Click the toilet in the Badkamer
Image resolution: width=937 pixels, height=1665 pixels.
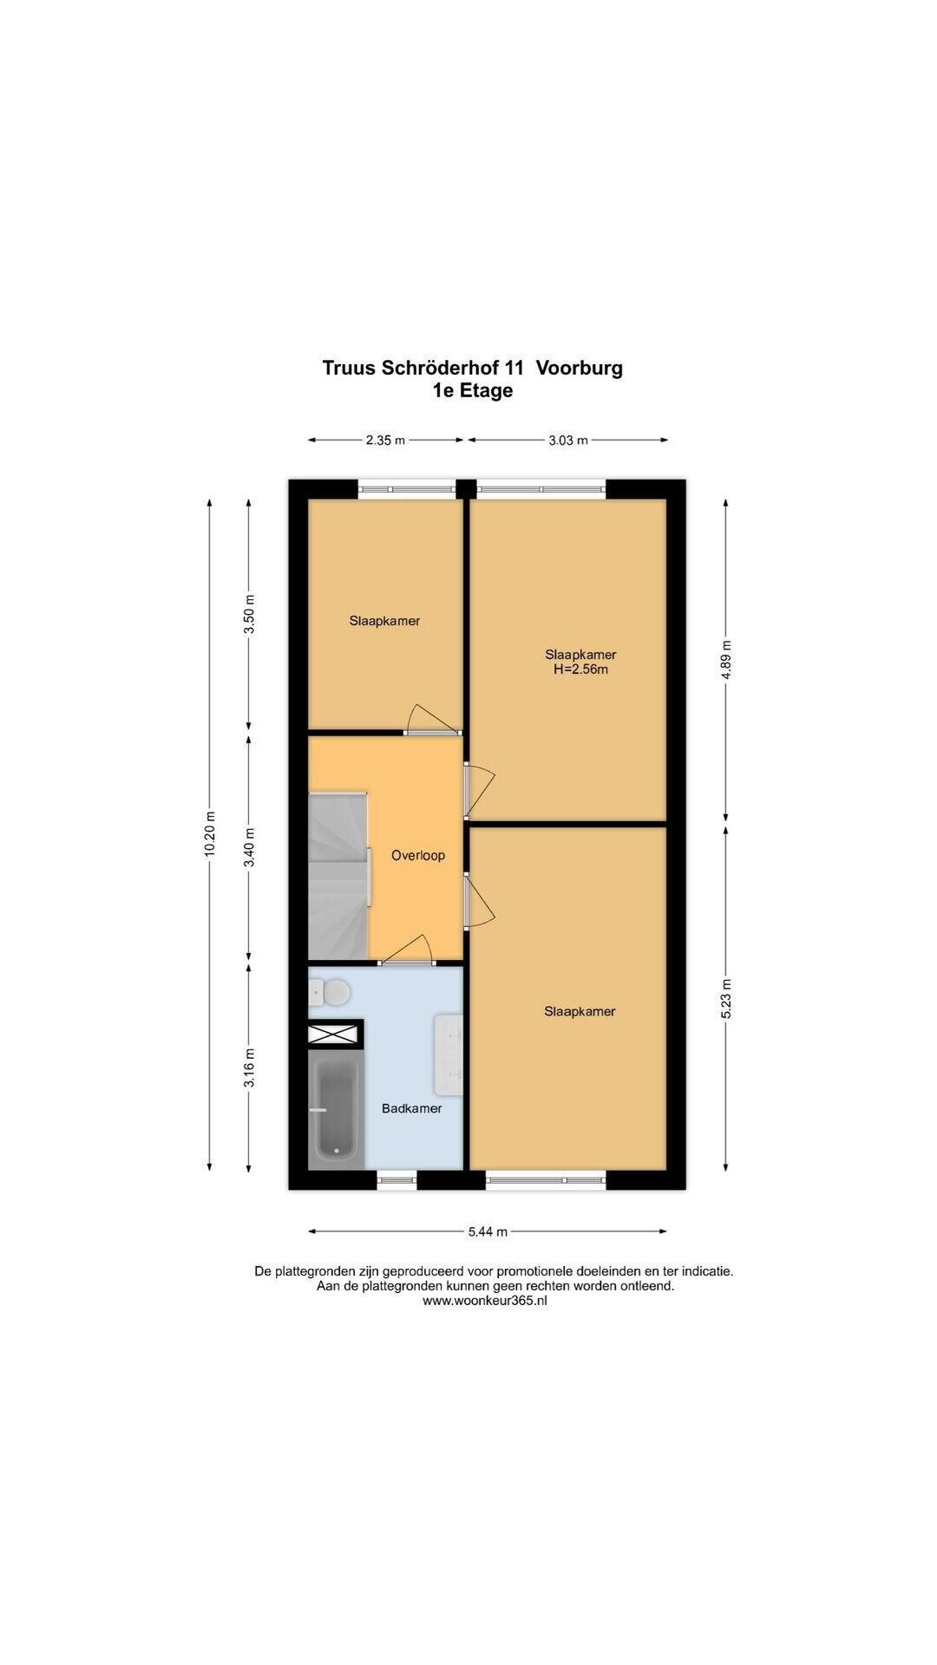pyautogui.click(x=329, y=992)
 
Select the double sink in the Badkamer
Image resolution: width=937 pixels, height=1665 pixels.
pyautogui.click(x=449, y=1054)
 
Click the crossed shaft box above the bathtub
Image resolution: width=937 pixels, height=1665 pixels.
pyautogui.click(x=334, y=1034)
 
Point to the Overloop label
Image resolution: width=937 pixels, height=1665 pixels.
pyautogui.click(x=418, y=855)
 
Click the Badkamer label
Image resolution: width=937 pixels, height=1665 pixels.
pyautogui.click(x=412, y=1108)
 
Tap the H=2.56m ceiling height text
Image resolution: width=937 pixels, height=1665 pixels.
pyautogui.click(x=580, y=669)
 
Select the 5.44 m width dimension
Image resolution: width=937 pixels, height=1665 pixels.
pyautogui.click(x=488, y=1231)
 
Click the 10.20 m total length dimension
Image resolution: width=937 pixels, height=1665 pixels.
pyautogui.click(x=209, y=834)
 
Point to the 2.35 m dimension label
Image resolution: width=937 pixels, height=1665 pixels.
pyautogui.click(x=386, y=440)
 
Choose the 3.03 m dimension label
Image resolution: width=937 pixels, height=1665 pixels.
pyautogui.click(x=568, y=440)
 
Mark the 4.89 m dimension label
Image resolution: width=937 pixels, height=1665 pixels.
pyautogui.click(x=726, y=661)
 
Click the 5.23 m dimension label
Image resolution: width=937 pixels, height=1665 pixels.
pyautogui.click(x=726, y=999)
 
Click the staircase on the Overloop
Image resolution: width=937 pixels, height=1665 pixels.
pyautogui.click(x=340, y=877)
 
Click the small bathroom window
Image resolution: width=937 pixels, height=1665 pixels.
pyautogui.click(x=396, y=1179)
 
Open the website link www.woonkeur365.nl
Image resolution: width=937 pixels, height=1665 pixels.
pyautogui.click(x=485, y=1301)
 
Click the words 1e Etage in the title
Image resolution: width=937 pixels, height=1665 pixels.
pyautogui.click(x=473, y=390)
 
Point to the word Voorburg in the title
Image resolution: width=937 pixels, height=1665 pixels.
pyautogui.click(x=580, y=368)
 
